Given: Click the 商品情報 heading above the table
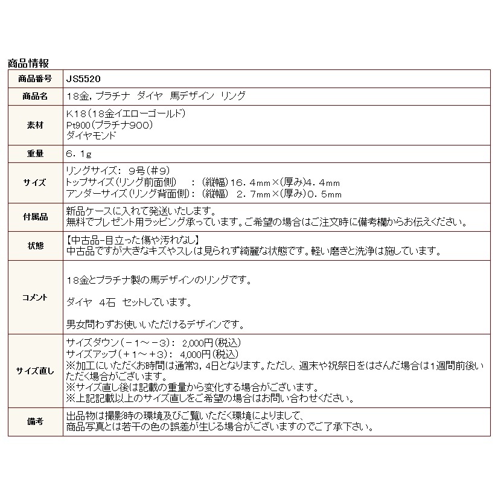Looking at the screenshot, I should pos(28,63).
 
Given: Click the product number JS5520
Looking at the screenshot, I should pos(83,79).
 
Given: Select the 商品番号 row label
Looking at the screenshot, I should pos(35,79).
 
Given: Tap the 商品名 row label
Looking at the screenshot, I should pos(35,97).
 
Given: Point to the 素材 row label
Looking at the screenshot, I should pos(35,124).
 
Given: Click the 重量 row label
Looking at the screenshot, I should pos(35,153).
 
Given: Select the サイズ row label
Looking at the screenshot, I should pos(35,182).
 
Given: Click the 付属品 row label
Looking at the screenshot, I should pos(35,216).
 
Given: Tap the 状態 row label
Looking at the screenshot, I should pos(35,245).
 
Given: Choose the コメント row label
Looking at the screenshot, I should pos(35,297).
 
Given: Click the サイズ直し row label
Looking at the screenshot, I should pos(35,370).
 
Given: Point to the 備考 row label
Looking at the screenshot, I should pos(35,421).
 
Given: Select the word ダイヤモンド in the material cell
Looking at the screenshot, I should pos(90,135).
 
